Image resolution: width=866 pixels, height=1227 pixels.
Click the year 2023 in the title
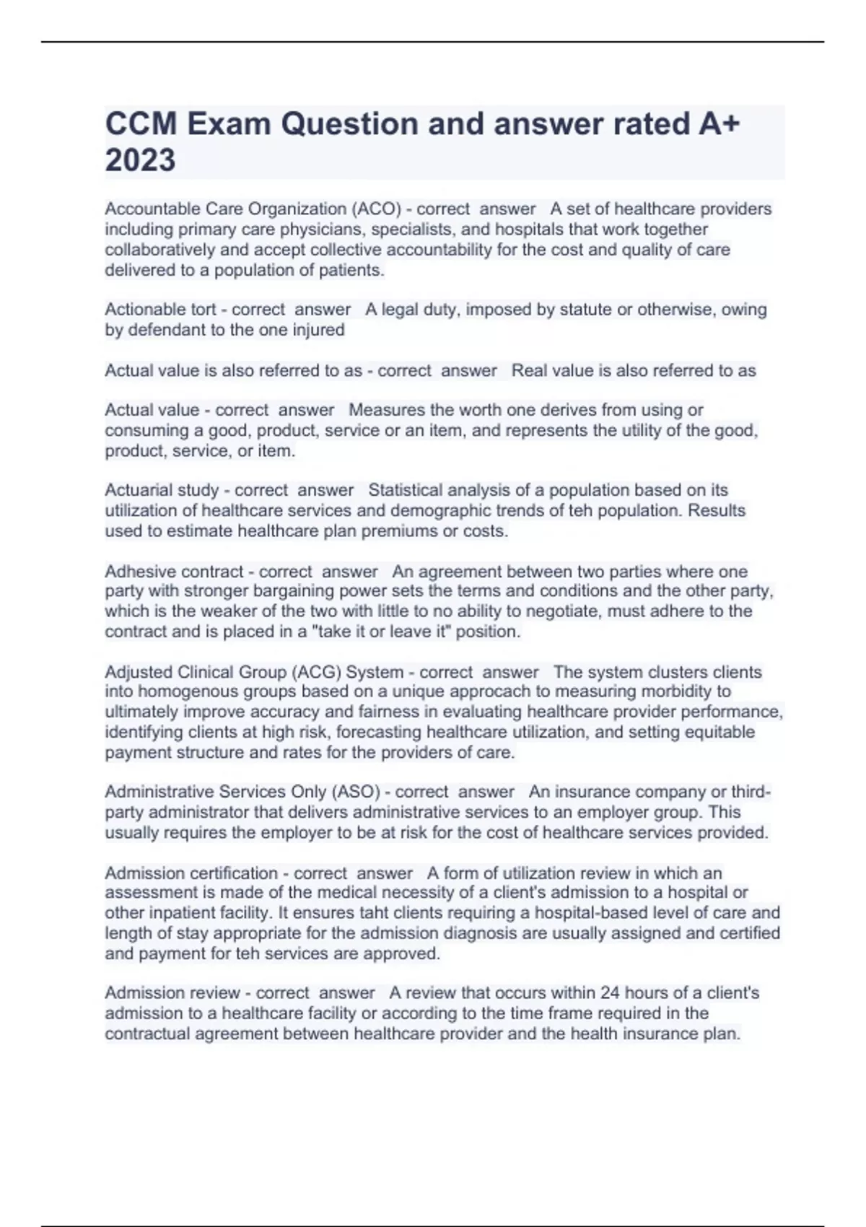140,160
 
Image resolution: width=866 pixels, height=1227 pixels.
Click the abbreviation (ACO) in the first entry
376,209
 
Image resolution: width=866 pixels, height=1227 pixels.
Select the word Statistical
406,490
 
